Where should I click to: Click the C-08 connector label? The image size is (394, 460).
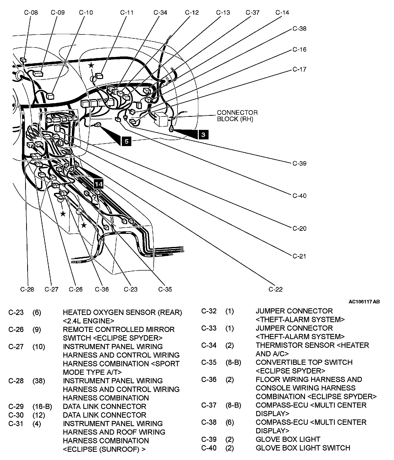point(31,12)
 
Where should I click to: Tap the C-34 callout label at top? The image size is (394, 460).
point(160,12)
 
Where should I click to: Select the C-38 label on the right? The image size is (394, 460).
point(299,28)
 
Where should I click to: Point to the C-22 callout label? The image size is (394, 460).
point(275,289)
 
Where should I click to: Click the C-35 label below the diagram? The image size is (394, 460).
point(165,289)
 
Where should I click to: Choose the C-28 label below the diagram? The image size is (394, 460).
point(27,289)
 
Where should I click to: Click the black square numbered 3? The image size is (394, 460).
point(203,135)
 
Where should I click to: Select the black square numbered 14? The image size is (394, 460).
point(99,184)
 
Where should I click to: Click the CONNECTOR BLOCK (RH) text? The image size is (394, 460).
point(237,116)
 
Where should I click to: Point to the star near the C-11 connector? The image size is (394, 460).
point(91,65)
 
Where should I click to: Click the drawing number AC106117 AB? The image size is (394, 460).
point(364,302)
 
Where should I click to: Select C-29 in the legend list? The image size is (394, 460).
point(16,407)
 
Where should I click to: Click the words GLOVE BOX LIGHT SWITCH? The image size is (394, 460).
point(303,448)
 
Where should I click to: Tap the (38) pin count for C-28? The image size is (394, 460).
point(39,381)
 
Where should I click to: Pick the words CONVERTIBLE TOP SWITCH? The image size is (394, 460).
point(304,362)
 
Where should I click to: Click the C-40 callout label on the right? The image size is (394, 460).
point(299,196)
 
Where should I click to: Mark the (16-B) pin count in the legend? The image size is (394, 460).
point(42,407)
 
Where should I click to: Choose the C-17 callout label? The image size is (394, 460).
point(299,69)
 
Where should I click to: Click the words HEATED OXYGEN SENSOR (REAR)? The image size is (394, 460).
point(122,312)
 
